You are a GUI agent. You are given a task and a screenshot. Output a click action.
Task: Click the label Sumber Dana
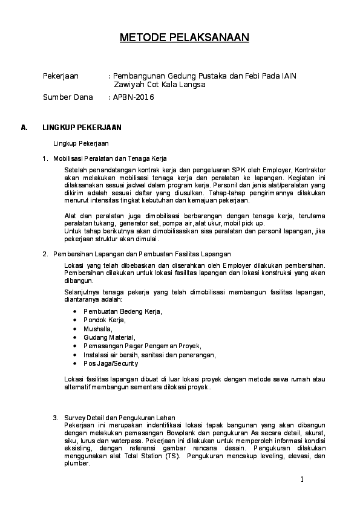[x=68, y=97]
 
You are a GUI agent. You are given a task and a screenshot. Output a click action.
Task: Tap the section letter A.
[x=24, y=128]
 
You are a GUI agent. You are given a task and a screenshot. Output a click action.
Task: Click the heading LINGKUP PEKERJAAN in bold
[x=82, y=128]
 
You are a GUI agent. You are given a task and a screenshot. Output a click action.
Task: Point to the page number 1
[x=302, y=479]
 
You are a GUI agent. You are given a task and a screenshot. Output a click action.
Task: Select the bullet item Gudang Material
[x=110, y=337]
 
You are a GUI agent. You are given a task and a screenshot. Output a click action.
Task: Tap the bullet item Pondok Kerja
[x=105, y=320]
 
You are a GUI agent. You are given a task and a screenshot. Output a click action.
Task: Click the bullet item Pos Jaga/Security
[x=111, y=363]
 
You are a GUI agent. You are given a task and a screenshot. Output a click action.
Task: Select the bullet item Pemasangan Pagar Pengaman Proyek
[x=133, y=346]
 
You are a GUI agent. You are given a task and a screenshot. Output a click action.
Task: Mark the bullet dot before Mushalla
[x=74, y=329]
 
